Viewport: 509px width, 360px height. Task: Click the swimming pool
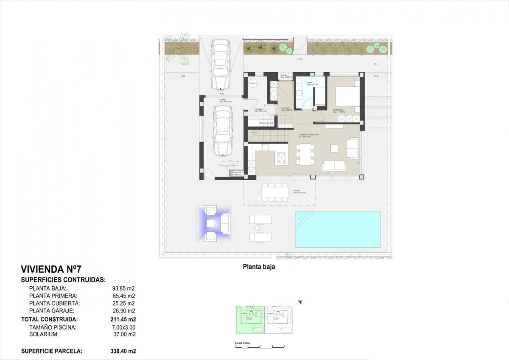pos(338,229)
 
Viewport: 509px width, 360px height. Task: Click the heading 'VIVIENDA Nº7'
pos(51,269)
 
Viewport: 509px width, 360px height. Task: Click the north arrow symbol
pos(300,302)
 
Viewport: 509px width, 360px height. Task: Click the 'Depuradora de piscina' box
pos(236,173)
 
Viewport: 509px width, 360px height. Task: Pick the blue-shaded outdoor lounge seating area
pos(214,223)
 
